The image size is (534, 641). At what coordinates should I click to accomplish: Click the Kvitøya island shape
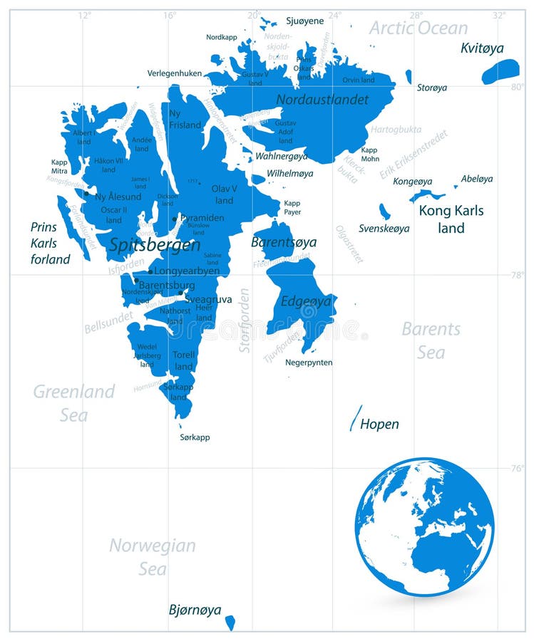(x=500, y=71)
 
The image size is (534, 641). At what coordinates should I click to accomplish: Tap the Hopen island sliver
(x=355, y=418)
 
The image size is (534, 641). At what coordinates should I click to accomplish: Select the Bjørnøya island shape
(x=230, y=622)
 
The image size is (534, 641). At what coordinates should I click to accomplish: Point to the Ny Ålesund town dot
(x=86, y=193)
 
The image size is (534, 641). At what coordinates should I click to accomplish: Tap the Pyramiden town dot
(x=175, y=219)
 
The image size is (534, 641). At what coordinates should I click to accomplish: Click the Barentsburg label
(x=166, y=286)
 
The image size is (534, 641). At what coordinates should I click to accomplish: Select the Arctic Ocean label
(x=419, y=28)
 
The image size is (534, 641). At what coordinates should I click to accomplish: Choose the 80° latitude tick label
(x=518, y=88)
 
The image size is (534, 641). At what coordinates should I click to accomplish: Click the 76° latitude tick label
(x=518, y=468)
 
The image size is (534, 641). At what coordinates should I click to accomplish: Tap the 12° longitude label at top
(x=85, y=14)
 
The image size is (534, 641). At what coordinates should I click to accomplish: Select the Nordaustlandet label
(x=322, y=100)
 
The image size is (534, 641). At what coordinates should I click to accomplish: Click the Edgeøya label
(x=306, y=301)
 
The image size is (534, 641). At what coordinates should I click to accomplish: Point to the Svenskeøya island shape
(x=384, y=212)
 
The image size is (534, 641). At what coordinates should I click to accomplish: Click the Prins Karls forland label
(x=50, y=243)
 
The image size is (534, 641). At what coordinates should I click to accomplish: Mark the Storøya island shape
(x=409, y=76)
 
